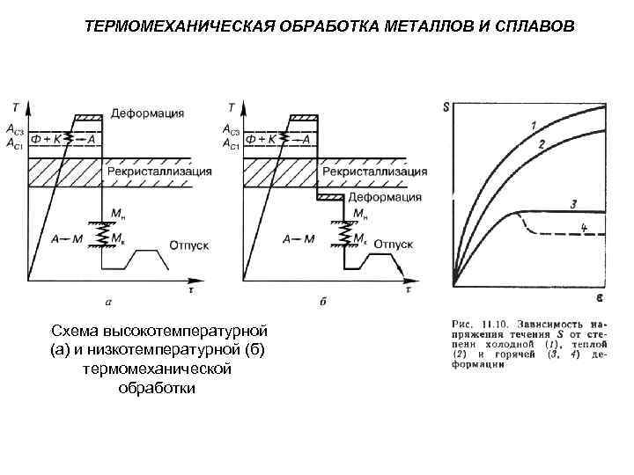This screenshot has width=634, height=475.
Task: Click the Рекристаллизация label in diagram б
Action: click(373, 170)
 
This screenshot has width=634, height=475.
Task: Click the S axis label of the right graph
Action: click(446, 108)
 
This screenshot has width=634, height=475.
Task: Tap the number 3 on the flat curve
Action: click(573, 204)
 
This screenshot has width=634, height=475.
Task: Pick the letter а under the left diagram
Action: click(107, 302)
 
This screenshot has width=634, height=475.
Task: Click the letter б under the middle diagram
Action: click(322, 302)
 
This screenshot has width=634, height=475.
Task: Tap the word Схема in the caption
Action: click(75, 332)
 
